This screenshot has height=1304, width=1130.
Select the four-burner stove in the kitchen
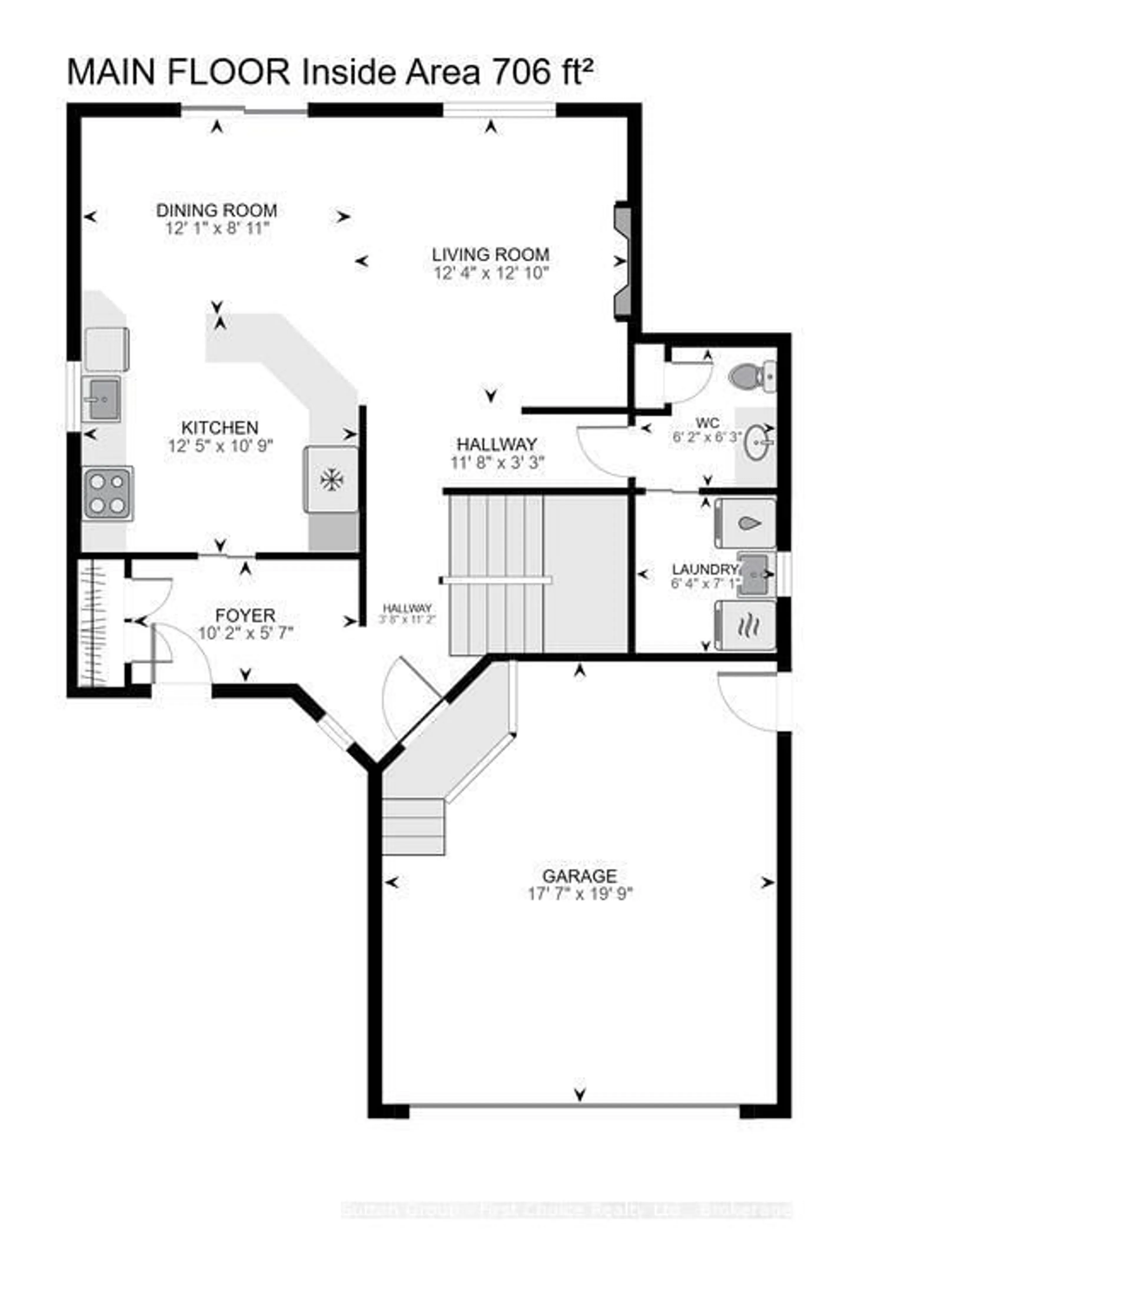pos(107,493)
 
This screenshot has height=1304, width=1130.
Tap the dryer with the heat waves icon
pos(746,625)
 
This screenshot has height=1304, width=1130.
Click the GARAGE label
pos(579,876)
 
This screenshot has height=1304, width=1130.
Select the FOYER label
pos(245,615)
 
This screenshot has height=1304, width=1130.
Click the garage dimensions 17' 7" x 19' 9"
pos(579,894)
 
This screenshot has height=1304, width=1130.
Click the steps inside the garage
pos(414,826)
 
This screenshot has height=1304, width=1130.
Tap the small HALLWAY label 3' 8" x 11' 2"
pos(407,613)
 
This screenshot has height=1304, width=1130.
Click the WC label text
pos(707,423)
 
